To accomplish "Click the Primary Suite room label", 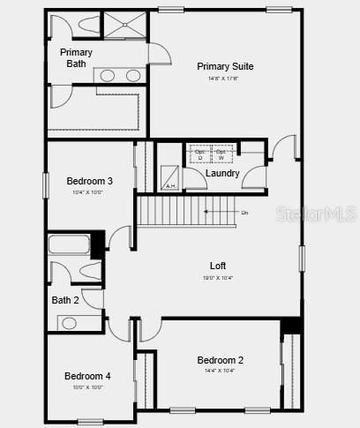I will point(225,66).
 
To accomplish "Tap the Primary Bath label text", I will point(76,58).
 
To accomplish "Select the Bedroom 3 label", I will point(89,181).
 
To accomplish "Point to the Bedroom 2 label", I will point(220,360).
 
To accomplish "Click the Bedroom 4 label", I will point(87,376).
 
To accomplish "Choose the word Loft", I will point(218,266).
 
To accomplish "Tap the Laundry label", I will point(222,173).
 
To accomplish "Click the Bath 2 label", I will point(65,300).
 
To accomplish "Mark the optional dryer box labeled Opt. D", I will point(199,154).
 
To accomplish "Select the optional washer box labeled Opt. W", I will point(221,154).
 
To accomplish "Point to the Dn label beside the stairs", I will point(244,213).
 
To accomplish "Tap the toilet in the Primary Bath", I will point(85,26).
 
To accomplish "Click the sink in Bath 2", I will point(69,323).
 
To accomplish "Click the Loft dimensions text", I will point(218,277).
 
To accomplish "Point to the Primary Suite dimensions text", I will point(225,78).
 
